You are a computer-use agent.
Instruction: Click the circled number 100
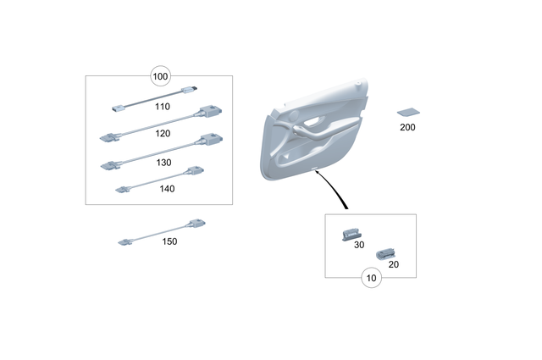pyautogui.click(x=161, y=76)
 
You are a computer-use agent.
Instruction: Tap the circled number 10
pyautogui.click(x=370, y=277)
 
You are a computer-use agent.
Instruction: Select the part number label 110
pyautogui.click(x=163, y=108)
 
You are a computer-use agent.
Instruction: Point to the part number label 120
pyautogui.click(x=163, y=133)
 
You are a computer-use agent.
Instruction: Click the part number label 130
pyautogui.click(x=163, y=161)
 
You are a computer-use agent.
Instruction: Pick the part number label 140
pyautogui.click(x=167, y=189)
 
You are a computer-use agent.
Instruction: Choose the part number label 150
pyautogui.click(x=169, y=241)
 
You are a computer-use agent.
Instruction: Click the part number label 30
pyautogui.click(x=359, y=245)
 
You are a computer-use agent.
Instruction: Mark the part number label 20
pyautogui.click(x=393, y=264)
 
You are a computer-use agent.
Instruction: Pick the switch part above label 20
pyautogui.click(x=387, y=251)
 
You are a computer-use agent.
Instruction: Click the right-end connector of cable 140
pyautogui.click(x=194, y=171)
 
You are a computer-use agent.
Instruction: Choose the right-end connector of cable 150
pyautogui.click(x=196, y=224)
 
